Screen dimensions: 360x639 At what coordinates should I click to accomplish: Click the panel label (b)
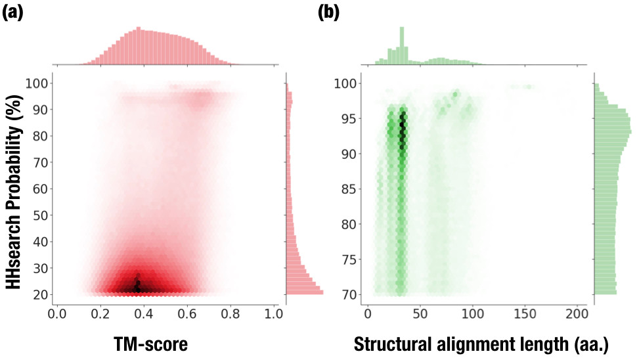(x=329, y=12)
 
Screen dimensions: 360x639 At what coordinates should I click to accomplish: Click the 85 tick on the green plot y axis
(x=349, y=189)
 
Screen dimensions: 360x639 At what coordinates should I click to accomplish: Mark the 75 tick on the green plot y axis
(x=349, y=259)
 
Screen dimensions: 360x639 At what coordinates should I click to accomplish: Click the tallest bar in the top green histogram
(x=402, y=46)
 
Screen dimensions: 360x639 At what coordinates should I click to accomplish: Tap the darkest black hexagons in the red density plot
(x=137, y=286)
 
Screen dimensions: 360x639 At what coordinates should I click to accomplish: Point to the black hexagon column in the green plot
(x=403, y=131)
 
